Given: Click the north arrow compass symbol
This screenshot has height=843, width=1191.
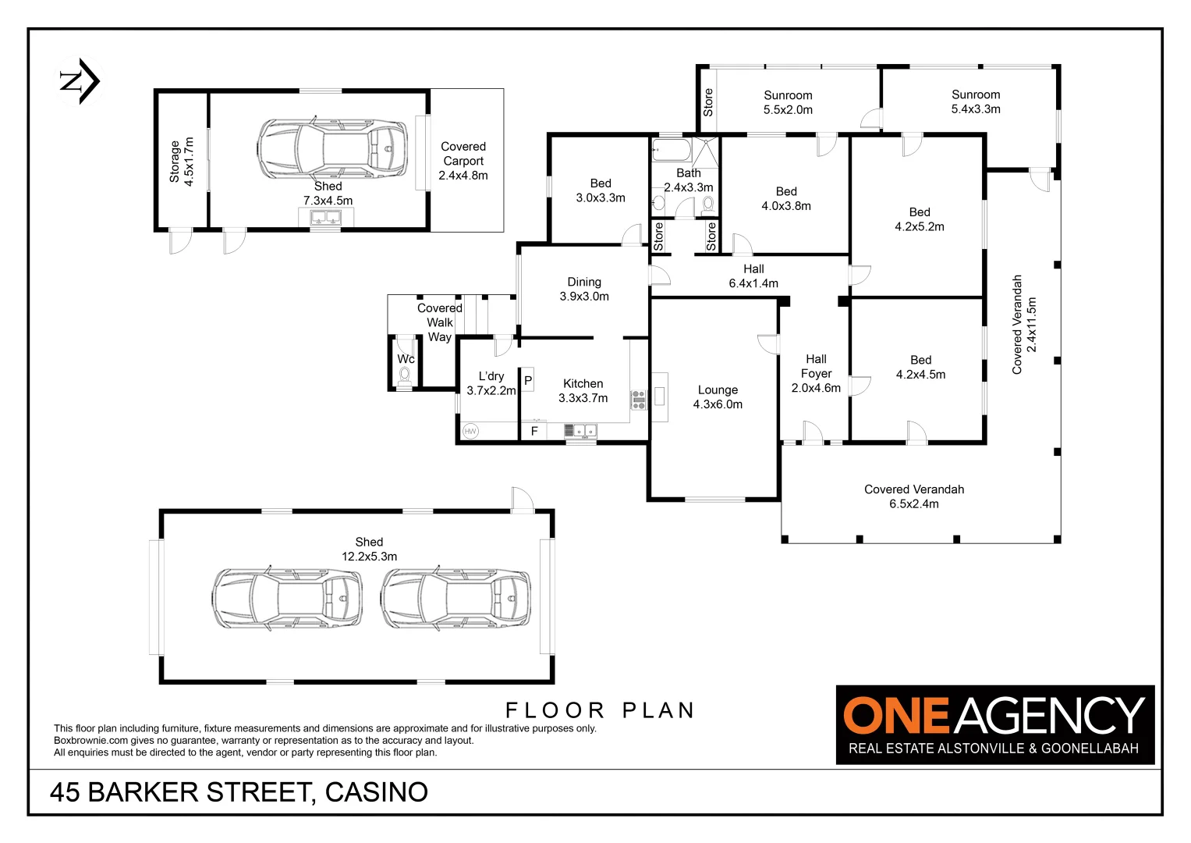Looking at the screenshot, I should [x=80, y=80].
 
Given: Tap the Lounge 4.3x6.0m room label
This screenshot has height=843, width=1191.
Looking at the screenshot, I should [x=718, y=397].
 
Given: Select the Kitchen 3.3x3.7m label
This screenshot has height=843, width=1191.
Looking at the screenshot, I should [x=583, y=390].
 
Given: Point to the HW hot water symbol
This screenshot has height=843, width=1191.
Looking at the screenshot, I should [x=470, y=431].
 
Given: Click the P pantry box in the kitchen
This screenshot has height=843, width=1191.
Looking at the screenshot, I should [x=528, y=381].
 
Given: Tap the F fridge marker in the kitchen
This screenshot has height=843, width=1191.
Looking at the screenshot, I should [x=534, y=431].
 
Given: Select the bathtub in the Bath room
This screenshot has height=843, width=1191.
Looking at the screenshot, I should [x=670, y=148].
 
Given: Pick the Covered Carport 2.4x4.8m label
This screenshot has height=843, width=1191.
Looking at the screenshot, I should [x=463, y=161].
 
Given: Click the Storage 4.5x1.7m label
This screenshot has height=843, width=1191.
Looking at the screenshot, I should [x=181, y=161].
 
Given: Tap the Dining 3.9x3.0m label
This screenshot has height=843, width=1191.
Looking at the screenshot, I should [x=584, y=289].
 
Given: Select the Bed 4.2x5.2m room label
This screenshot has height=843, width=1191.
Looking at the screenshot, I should [x=920, y=219].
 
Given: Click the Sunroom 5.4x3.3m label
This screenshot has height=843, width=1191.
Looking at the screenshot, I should [x=976, y=101].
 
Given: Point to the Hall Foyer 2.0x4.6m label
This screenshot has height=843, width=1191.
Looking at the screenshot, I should [x=816, y=373].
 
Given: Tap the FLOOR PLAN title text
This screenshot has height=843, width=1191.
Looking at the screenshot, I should [x=600, y=710].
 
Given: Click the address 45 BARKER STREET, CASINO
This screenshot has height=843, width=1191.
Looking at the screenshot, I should [x=239, y=791].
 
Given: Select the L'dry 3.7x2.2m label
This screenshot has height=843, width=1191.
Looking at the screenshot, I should [x=491, y=383].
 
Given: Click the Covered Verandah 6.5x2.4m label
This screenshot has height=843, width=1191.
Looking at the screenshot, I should [x=914, y=496].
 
